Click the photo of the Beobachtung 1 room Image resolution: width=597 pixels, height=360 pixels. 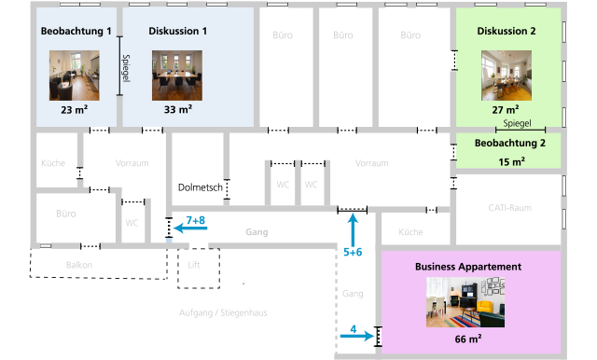[75, 76]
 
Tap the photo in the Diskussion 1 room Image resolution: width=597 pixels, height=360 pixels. [177, 76]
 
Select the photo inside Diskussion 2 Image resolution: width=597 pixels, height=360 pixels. [507, 76]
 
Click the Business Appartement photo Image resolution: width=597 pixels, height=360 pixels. [465, 302]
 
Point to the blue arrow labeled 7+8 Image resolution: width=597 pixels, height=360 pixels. [190, 228]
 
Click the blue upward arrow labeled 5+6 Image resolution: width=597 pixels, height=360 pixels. [353, 230]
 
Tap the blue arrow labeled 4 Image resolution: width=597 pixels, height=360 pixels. [357, 336]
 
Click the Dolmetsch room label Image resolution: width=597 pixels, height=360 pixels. [201, 187]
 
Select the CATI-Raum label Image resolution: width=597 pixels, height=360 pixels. [510, 208]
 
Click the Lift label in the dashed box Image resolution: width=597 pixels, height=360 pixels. [194, 265]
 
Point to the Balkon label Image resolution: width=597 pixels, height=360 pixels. [79, 265]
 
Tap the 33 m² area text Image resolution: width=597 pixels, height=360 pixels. [178, 110]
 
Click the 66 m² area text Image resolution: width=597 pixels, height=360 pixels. [468, 339]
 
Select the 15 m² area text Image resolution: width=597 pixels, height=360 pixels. [512, 161]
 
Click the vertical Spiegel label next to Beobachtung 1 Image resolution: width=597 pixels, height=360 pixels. [126, 68]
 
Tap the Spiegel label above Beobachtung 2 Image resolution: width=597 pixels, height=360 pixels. [517, 123]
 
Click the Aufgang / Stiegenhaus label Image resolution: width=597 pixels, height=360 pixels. [223, 312]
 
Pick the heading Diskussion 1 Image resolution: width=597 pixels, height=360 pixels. [178, 31]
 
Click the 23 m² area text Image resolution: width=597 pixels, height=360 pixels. [75, 110]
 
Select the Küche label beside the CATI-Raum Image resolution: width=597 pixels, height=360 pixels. [410, 232]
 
